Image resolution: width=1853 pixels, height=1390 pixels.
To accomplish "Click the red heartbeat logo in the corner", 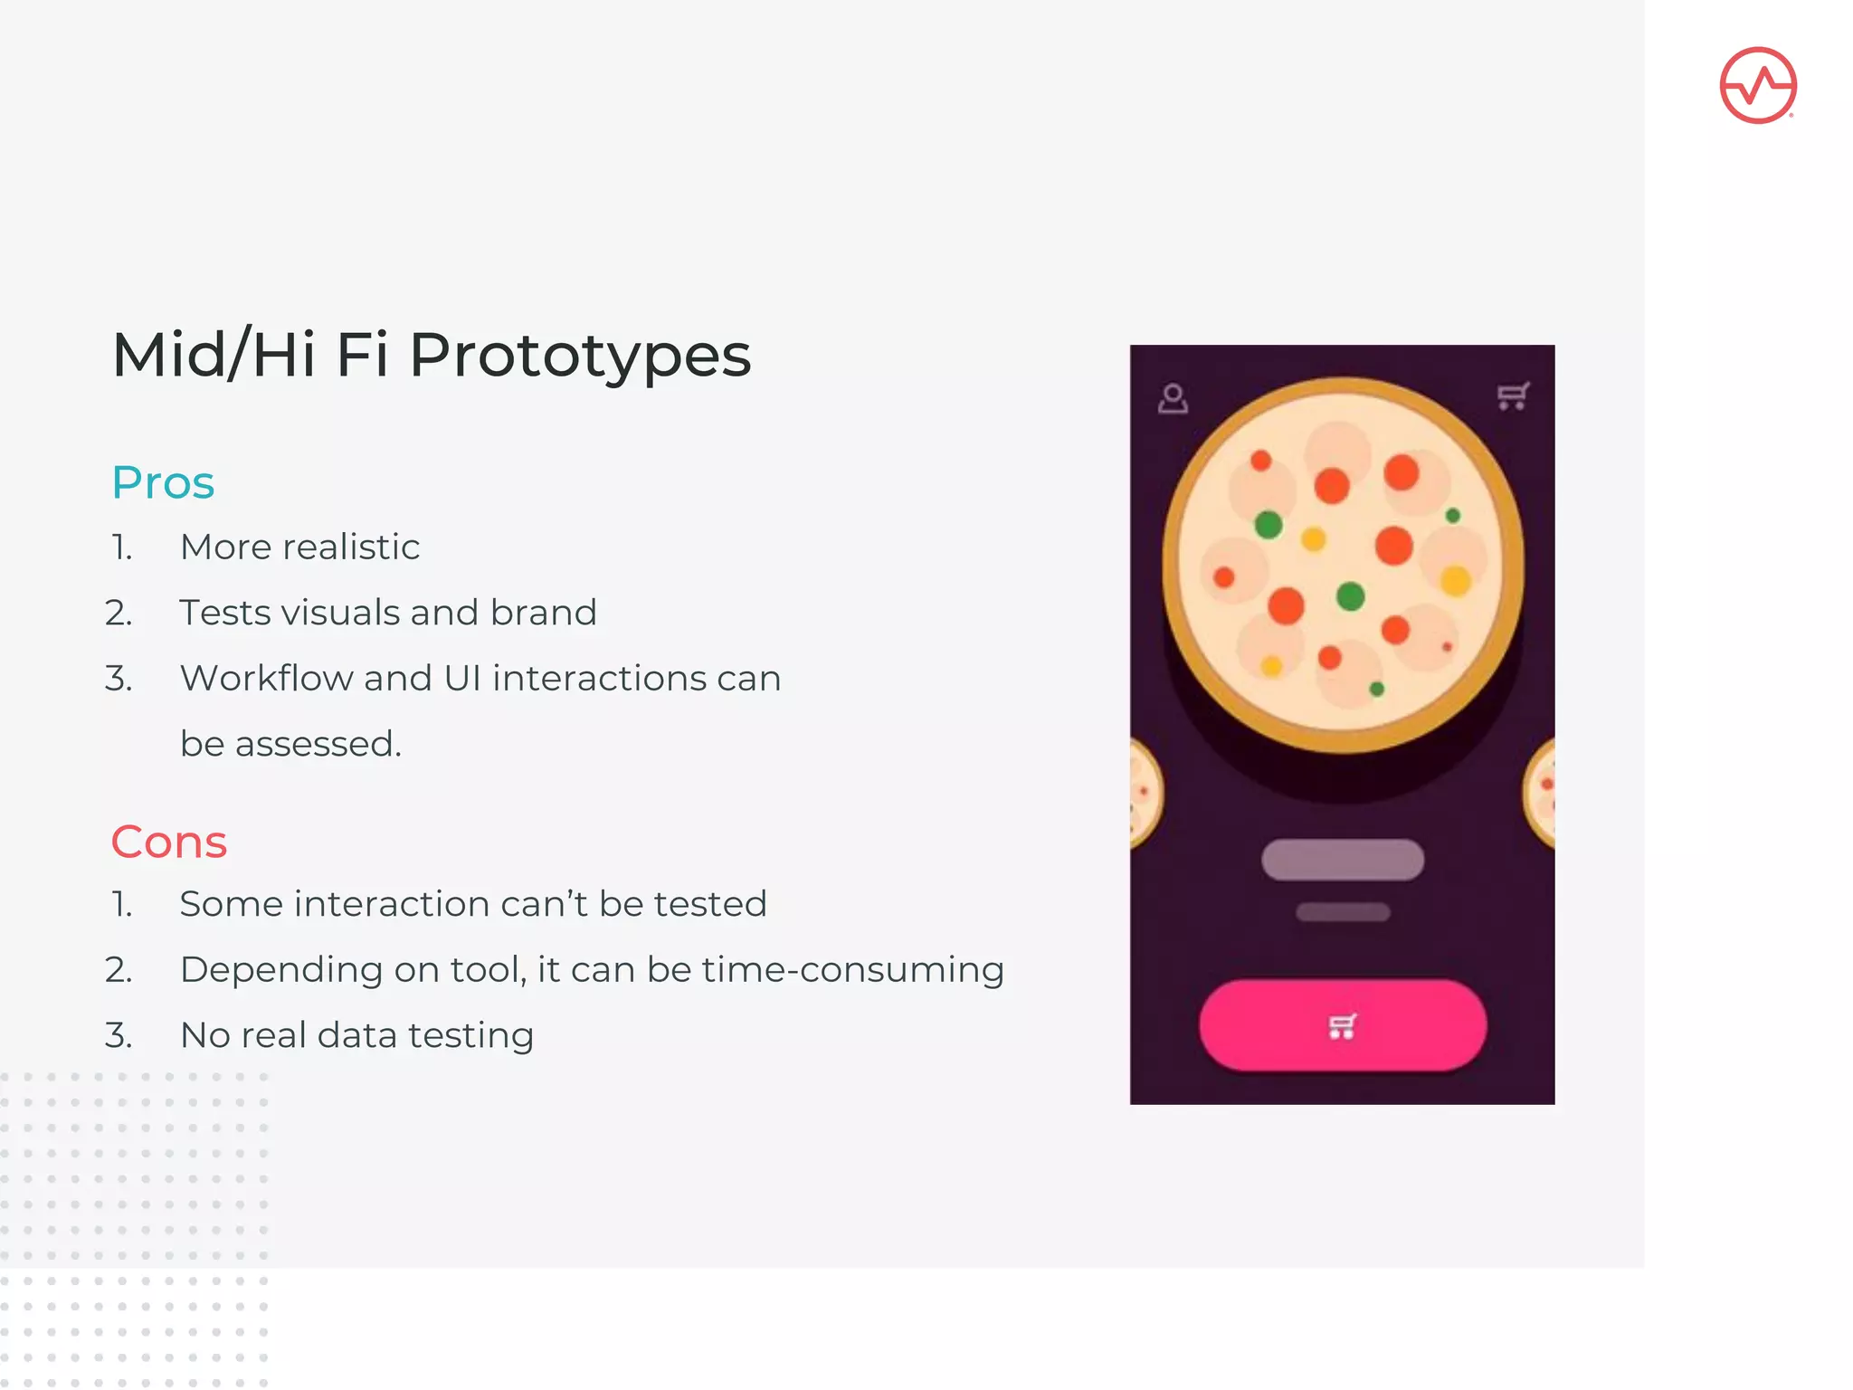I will point(1757,85).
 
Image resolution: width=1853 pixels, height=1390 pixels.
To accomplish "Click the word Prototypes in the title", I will point(580,355).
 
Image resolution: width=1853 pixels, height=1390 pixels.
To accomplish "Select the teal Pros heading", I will point(163,482).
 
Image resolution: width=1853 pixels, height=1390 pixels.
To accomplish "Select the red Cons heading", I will point(168,842).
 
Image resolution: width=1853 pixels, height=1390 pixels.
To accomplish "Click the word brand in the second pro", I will point(543,613).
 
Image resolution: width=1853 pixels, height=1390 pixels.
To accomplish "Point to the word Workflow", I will point(266,678).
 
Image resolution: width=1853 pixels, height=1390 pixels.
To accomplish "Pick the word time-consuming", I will point(852,969).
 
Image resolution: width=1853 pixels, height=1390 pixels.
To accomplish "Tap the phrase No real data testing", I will point(356,1035).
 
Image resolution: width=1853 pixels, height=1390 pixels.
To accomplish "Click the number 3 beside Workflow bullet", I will point(119,679).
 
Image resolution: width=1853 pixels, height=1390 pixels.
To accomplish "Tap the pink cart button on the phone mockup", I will point(1342,1026).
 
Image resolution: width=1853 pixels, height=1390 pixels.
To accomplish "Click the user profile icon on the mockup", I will point(1173,398).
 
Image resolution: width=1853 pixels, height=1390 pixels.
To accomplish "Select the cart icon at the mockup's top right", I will point(1512,395).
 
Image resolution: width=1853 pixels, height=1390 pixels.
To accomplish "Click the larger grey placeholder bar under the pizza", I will point(1342,860).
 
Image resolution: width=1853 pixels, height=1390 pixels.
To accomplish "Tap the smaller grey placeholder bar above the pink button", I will point(1342,912).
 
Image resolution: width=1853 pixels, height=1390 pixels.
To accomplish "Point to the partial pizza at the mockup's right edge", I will point(1541,793).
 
